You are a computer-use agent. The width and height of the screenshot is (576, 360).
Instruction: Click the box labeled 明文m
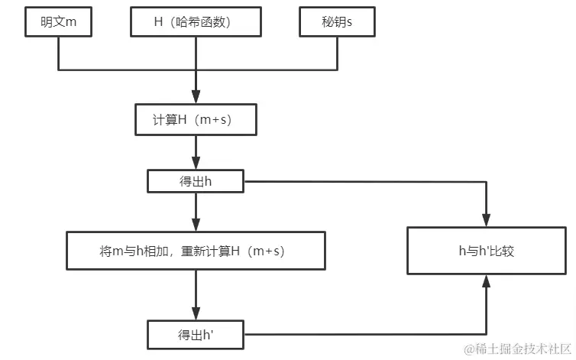pos(58,22)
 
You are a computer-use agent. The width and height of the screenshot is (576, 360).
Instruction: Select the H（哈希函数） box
pos(197,22)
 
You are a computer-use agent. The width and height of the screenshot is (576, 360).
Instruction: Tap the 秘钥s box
pos(337,22)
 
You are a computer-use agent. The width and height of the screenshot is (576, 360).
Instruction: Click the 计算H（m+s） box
pos(196,120)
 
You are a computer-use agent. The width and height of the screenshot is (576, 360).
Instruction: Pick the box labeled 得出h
pos(196,181)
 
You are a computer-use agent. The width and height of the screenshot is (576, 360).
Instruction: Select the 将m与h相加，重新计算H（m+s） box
pos(196,251)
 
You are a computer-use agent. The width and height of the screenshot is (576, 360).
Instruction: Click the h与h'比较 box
pos(485,251)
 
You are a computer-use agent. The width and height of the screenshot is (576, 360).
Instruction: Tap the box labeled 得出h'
pos(196,333)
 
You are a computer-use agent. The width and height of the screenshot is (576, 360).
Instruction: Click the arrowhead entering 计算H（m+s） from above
pos(196,98)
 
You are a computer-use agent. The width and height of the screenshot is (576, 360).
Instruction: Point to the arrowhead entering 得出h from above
pos(196,164)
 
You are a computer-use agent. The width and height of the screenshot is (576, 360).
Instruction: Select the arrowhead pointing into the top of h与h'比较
pos(486,219)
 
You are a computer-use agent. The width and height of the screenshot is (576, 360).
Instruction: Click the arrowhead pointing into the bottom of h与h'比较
pos(486,282)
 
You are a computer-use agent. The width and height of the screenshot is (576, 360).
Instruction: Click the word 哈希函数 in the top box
pos(208,22)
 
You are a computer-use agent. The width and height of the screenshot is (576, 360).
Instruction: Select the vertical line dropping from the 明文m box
pos(58,54)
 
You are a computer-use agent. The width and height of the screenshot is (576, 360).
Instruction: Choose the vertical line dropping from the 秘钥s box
pos(337,54)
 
